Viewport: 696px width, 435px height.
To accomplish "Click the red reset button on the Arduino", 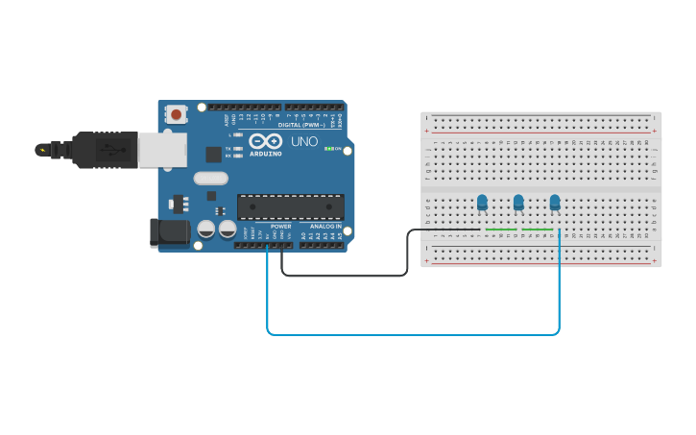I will coord(177,113).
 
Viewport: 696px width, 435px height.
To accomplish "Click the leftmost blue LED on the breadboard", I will coord(482,202).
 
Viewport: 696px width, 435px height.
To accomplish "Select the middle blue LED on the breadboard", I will coord(518,202).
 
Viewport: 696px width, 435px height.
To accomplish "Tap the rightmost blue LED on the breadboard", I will coord(555,202).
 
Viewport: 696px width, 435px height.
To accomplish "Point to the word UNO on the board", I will coord(304,141).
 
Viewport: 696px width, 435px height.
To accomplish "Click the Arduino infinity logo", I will coord(264,141).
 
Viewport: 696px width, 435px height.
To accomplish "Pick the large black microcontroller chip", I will coord(291,206).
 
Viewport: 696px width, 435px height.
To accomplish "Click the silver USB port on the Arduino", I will coord(163,150).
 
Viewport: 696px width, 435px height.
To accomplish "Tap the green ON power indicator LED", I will coord(328,149).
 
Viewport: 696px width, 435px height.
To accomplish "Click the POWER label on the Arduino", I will coord(280,227).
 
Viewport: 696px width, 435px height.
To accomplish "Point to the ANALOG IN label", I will coord(324,227).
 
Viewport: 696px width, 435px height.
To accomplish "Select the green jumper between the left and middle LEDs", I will coord(501,230).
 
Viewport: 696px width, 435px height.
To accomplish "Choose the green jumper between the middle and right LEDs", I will coord(537,230).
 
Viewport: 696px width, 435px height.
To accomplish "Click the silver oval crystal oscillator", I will coord(210,178).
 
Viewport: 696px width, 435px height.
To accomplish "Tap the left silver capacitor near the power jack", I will coord(206,230).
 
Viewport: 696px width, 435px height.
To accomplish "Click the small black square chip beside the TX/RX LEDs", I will coord(213,155).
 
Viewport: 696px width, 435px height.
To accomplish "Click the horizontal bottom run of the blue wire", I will coord(413,334).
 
